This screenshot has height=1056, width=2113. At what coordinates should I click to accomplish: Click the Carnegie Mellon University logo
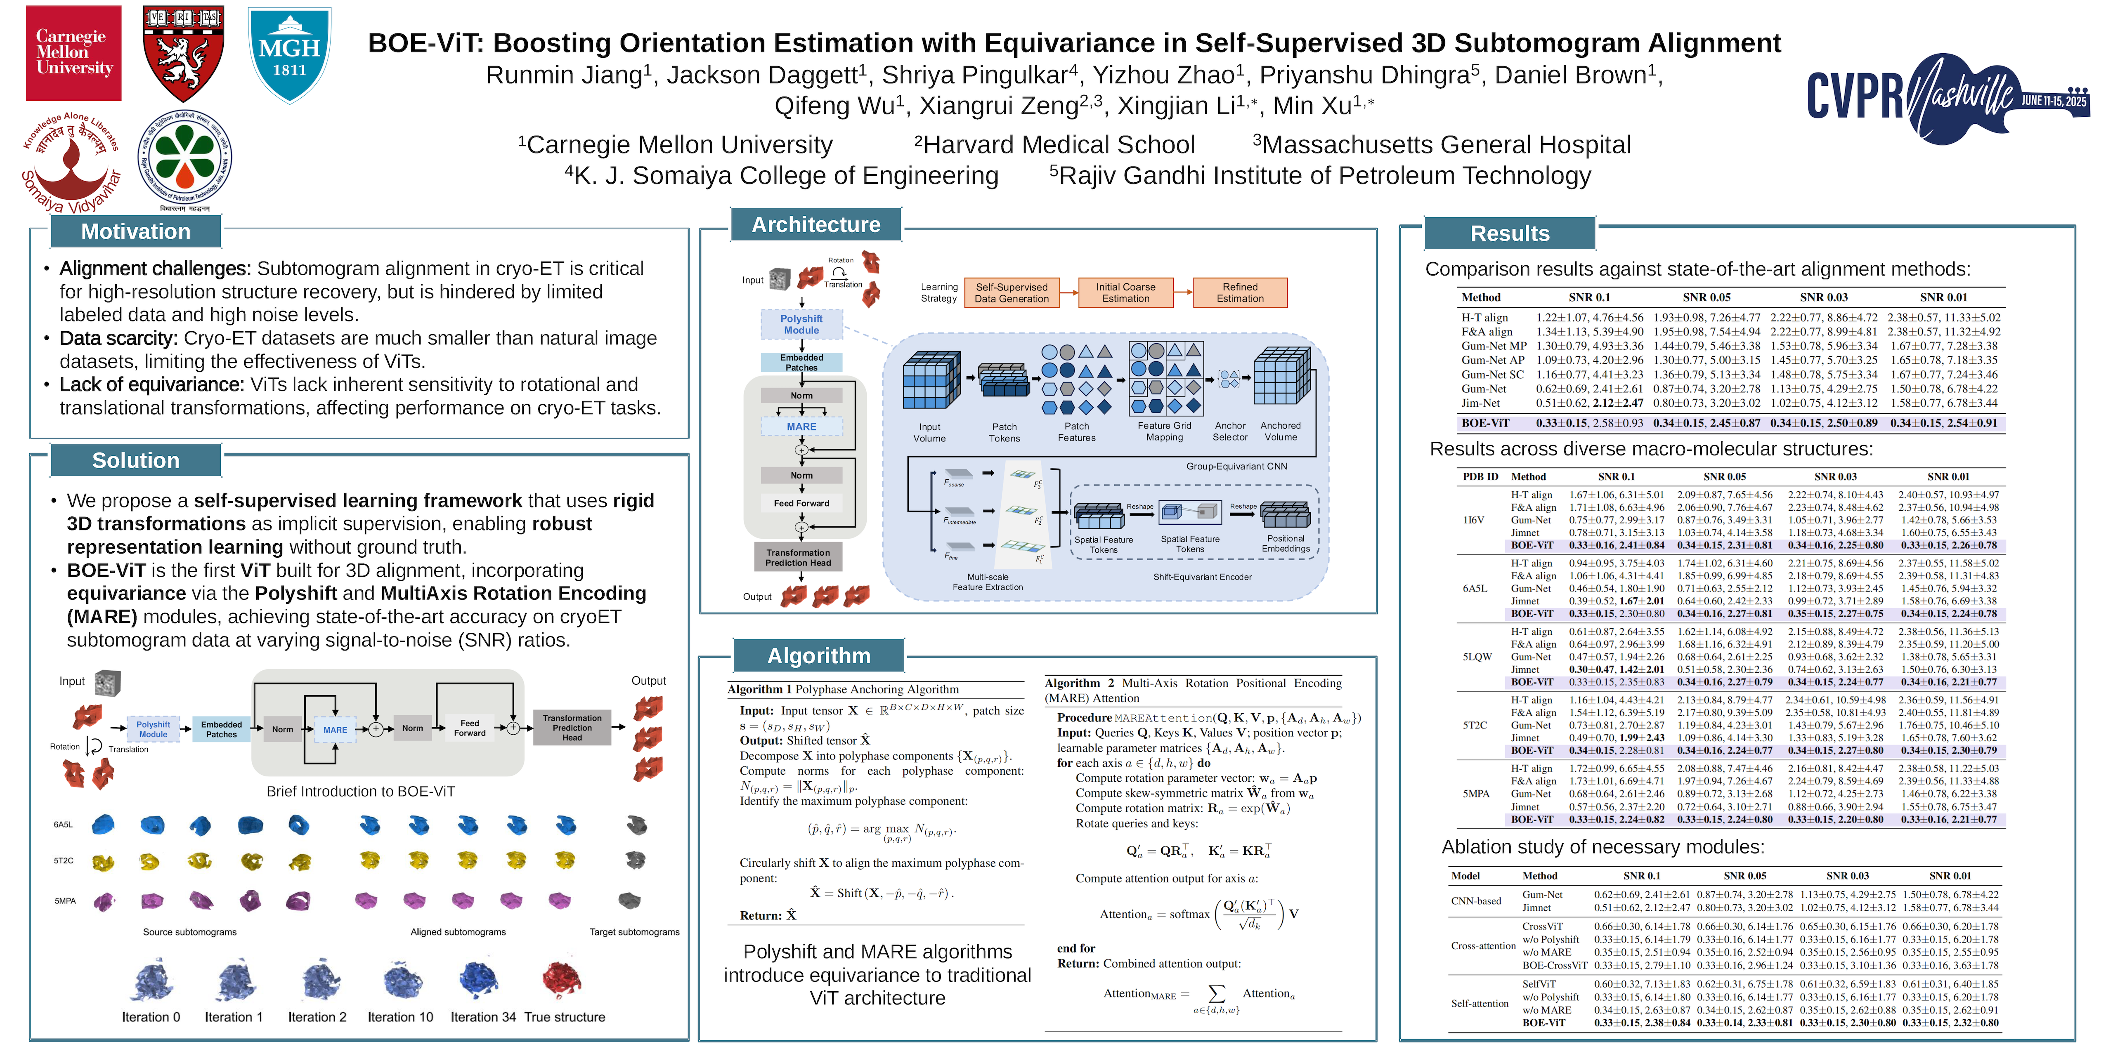(74, 53)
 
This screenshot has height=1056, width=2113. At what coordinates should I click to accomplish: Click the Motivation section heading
(135, 232)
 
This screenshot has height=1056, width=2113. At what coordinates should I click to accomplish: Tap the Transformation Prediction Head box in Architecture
(798, 558)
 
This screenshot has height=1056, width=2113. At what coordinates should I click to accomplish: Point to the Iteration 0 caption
(151, 1018)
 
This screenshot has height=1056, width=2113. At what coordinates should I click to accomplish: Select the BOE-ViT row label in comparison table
(1485, 423)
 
